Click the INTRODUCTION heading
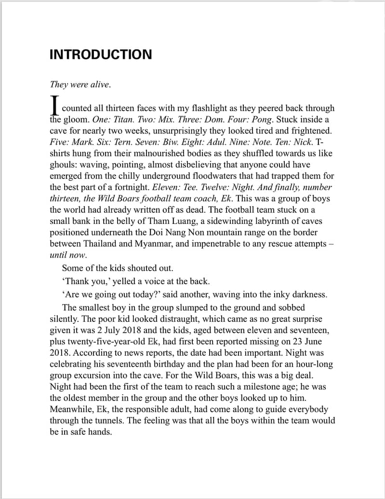click(100, 54)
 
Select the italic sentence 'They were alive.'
click(80, 84)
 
